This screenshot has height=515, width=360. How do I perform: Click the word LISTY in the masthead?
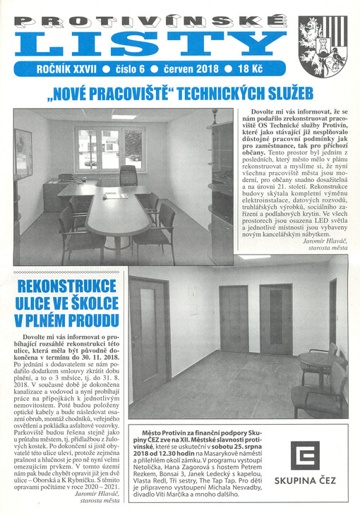point(149,43)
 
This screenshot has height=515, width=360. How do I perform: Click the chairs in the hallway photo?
point(321,381)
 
